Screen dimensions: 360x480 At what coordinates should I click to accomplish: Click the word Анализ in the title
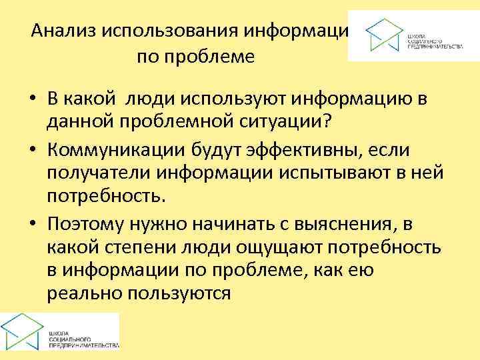click(65, 31)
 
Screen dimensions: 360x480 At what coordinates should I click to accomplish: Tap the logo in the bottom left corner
click(59, 331)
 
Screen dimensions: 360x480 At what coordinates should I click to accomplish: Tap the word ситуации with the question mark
click(299, 124)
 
